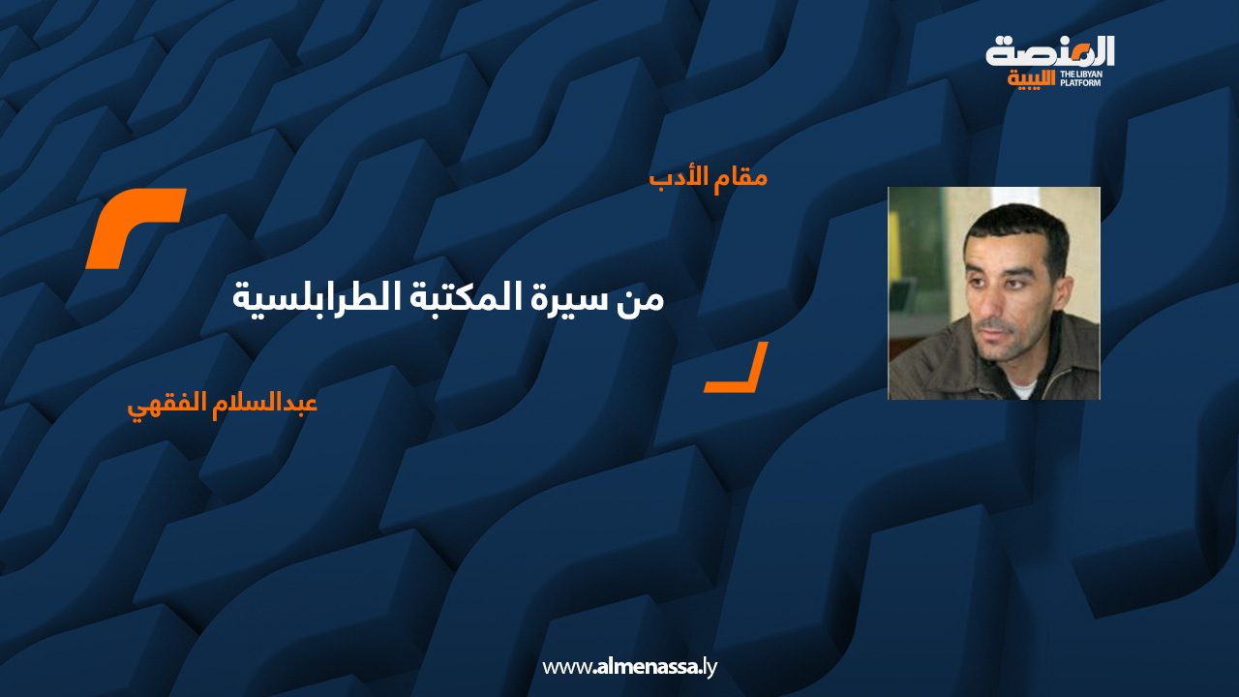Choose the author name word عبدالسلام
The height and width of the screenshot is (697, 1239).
click(x=265, y=404)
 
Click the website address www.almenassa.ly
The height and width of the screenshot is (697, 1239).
click(x=629, y=667)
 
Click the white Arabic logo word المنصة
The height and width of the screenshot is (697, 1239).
click(x=1049, y=51)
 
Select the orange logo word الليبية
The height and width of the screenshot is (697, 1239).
click(x=1031, y=79)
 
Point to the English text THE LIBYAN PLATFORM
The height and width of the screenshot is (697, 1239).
click(x=1080, y=78)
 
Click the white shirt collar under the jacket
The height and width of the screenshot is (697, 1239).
click(x=1021, y=388)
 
